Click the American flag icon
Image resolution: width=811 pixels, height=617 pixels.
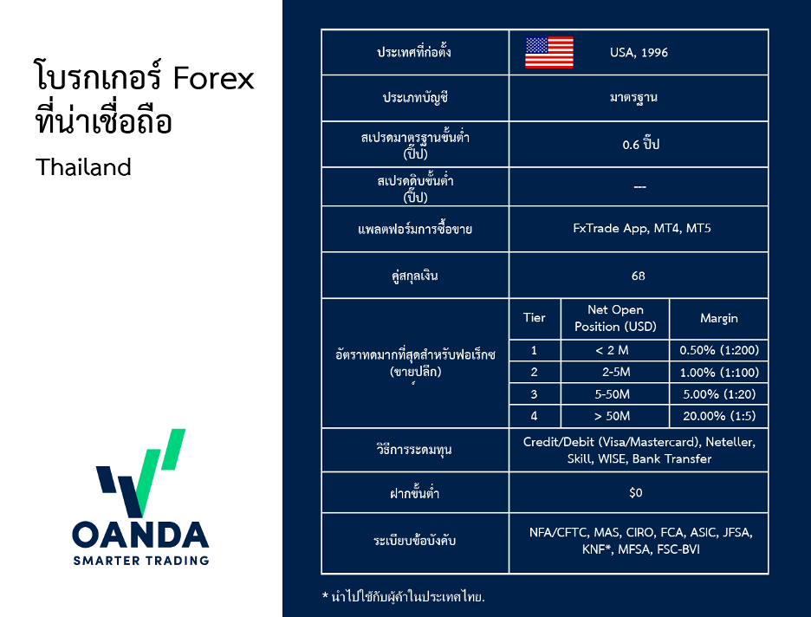549,52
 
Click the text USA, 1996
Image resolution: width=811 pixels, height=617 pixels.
639,53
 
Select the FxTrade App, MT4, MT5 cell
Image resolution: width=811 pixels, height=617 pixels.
642,229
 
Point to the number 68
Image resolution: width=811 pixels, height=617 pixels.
639,276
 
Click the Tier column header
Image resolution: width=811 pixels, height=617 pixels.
535,317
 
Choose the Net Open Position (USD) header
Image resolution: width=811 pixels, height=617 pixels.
615,318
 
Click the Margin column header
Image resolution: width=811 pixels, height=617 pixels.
719,318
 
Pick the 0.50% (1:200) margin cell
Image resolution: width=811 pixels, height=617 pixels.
719,350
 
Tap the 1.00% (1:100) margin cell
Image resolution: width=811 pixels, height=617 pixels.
719,373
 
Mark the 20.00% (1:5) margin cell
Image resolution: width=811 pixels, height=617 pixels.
719,416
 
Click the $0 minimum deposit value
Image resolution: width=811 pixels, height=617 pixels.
636,492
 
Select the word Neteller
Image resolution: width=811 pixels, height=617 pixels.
730,442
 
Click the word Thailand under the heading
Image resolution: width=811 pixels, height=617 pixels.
83,167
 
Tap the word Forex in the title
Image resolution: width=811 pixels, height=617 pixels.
213,78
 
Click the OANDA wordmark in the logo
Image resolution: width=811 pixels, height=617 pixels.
140,535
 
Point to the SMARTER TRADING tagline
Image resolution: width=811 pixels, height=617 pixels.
141,561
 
